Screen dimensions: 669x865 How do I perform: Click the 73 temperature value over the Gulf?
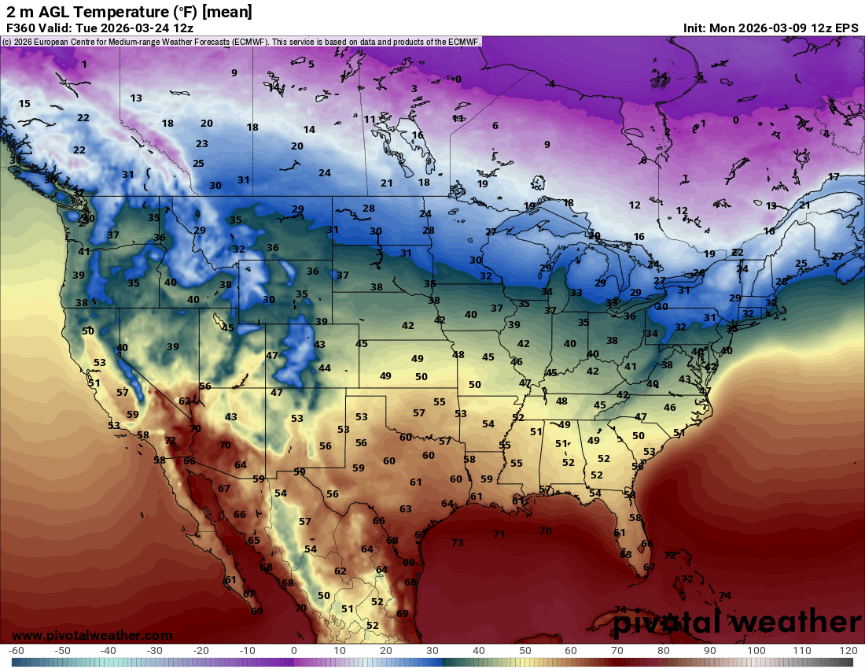tap(458, 543)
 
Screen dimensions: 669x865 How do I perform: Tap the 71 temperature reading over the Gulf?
tap(499, 534)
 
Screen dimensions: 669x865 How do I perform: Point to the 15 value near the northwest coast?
tap(24, 104)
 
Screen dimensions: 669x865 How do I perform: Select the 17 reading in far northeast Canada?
tap(834, 177)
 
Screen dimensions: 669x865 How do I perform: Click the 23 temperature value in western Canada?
tap(202, 144)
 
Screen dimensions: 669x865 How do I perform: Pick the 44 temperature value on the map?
tap(324, 368)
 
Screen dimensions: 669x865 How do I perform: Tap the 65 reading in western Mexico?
tap(253, 541)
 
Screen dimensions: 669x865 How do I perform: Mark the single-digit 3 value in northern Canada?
tap(414, 89)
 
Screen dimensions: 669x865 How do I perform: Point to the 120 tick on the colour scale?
tap(848, 651)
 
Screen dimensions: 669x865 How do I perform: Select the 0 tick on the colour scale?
tap(293, 651)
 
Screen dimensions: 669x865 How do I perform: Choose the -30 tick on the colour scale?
tap(155, 651)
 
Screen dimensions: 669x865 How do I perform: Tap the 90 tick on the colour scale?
tap(710, 651)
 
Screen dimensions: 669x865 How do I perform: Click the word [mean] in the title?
tap(227, 11)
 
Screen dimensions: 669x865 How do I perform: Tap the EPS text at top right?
tap(847, 28)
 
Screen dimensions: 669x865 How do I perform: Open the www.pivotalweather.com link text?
tap(92, 635)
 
